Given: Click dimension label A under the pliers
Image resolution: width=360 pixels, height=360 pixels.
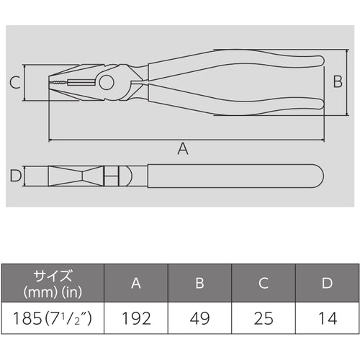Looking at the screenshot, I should (x=183, y=149).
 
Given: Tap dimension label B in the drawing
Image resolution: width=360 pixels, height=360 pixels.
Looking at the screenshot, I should (x=336, y=82).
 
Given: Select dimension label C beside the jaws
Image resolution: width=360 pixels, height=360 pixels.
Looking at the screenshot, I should (x=14, y=83).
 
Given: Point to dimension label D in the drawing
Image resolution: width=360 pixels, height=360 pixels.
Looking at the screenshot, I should (x=14, y=176).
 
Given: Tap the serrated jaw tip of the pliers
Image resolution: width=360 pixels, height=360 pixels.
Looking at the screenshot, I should (x=58, y=84).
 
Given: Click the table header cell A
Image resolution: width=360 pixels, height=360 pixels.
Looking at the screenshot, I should (x=136, y=283).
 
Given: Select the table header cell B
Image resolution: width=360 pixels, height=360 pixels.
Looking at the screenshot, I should (x=199, y=283).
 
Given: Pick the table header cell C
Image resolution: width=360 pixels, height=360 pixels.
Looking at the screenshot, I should (x=264, y=283).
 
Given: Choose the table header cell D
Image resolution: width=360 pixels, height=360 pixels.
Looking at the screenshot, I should (x=327, y=283).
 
